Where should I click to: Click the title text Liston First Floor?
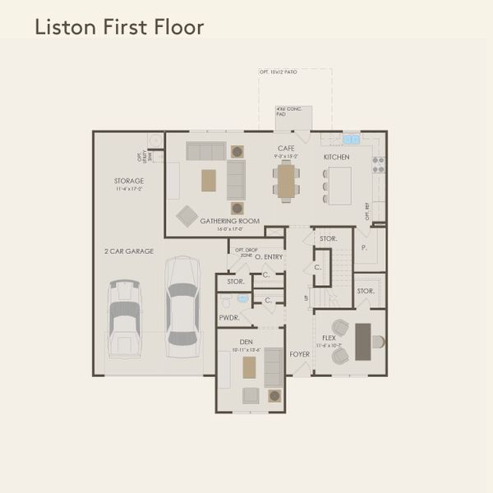point(118,27)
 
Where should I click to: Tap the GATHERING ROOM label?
point(230,221)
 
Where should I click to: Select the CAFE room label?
point(287,149)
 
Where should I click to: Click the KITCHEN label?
point(336,157)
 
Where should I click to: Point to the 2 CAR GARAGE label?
point(129,251)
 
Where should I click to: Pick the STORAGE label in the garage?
point(129,181)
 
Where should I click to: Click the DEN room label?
point(246,341)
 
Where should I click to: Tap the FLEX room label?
point(329,337)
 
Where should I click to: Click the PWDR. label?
point(228,318)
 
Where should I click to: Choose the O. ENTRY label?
point(269,257)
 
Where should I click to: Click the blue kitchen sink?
point(351,140)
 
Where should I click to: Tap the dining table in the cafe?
point(285,182)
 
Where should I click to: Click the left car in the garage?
point(126,316)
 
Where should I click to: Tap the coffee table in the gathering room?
point(209,180)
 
